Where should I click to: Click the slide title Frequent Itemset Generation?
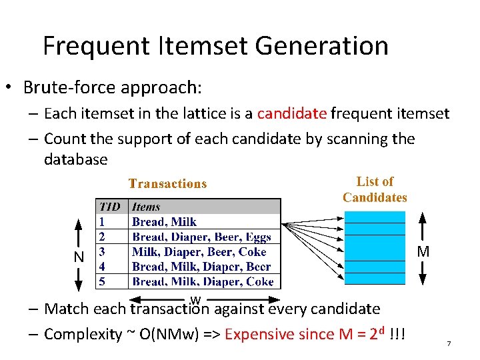(215, 46)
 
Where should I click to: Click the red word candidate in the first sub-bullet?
(292, 113)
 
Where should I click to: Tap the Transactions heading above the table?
(167, 184)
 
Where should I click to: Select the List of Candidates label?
(375, 189)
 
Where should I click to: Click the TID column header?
(110, 207)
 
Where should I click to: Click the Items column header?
(146, 207)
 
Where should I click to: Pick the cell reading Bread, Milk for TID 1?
(164, 222)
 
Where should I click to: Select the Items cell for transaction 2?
(201, 237)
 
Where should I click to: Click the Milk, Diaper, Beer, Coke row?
(199, 252)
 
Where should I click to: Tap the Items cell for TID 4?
(201, 267)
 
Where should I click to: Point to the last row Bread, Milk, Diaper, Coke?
(203, 281)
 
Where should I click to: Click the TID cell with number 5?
(102, 281)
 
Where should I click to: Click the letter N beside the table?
(79, 256)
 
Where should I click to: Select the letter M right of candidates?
(423, 252)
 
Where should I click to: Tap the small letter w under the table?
(195, 299)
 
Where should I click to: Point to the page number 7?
(449, 343)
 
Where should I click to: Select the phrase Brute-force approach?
(111, 87)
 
